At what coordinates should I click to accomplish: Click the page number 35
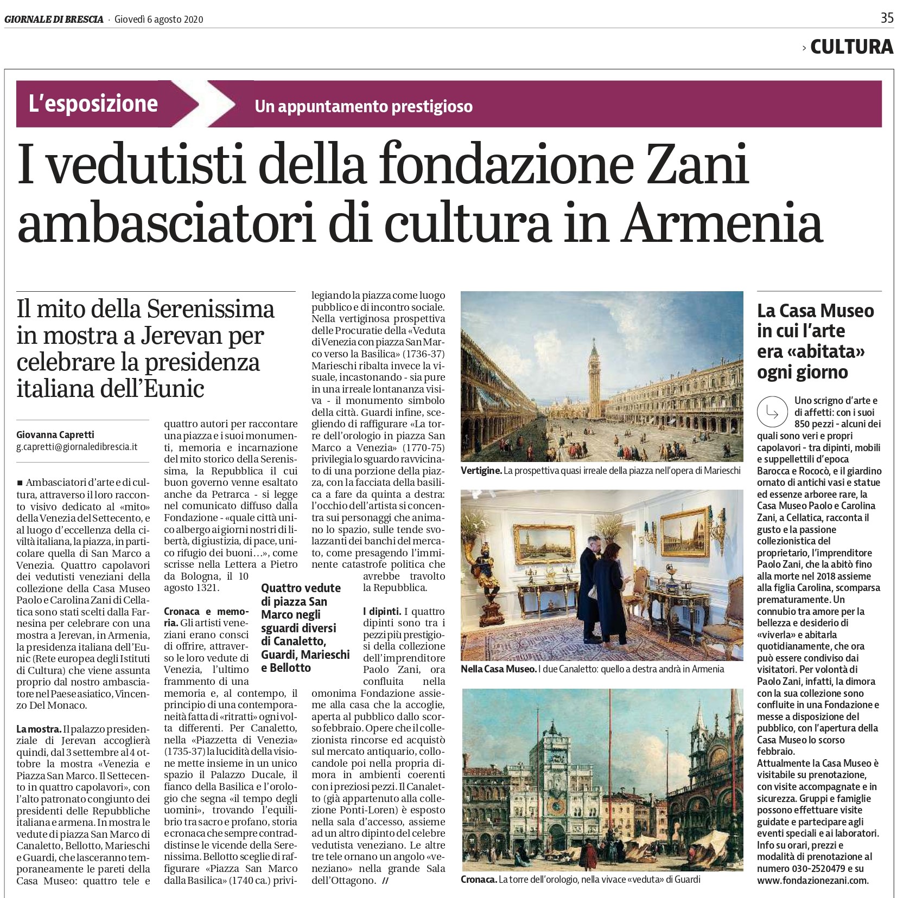tap(887, 18)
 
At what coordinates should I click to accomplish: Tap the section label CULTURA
tap(851, 47)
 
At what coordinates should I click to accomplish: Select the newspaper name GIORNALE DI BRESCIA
tap(54, 20)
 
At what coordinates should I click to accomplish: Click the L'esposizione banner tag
tap(93, 104)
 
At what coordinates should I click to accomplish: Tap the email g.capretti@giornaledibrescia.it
tap(77, 447)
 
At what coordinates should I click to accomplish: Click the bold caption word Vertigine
tap(481, 471)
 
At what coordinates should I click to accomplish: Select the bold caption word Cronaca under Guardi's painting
tap(479, 879)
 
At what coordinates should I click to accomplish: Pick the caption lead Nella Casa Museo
tap(498, 669)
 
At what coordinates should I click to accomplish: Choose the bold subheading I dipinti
tap(382, 612)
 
